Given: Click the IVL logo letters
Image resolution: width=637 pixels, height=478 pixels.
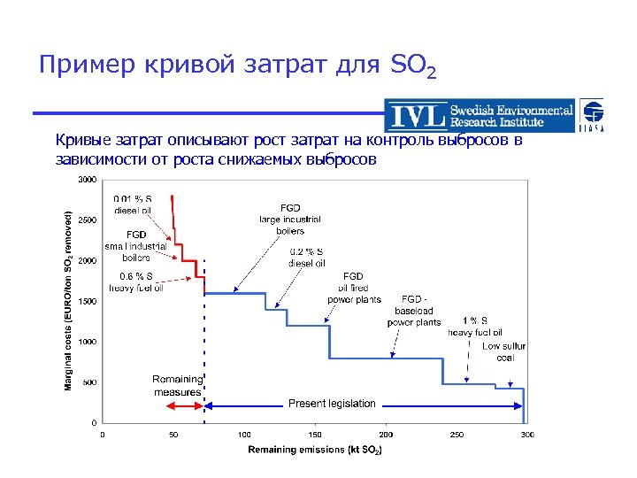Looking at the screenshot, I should click(x=418, y=116).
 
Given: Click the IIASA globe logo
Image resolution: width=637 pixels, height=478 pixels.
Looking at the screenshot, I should click(x=593, y=116).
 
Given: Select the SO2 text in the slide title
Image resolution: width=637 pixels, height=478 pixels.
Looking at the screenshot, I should click(x=412, y=66).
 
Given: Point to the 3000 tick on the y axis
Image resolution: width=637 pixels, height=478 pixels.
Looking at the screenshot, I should click(x=87, y=180).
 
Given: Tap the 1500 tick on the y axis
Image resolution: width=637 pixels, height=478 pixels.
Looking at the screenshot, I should click(x=87, y=302).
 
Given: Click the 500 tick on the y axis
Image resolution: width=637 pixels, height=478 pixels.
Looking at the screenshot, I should click(x=89, y=382).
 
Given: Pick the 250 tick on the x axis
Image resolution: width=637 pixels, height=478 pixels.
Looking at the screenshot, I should click(x=457, y=434).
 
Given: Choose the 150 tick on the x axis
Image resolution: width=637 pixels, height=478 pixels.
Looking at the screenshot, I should click(x=315, y=434).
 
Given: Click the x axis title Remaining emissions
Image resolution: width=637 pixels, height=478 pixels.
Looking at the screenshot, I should click(x=315, y=450).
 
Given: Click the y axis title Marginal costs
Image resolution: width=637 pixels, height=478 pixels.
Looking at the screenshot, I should click(x=69, y=301).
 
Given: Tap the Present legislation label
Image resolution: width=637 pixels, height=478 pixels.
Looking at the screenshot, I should click(x=332, y=404).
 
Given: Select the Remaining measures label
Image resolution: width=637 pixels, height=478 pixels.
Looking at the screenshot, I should click(x=177, y=385).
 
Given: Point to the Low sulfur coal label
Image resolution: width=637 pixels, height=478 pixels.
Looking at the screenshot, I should click(x=503, y=351).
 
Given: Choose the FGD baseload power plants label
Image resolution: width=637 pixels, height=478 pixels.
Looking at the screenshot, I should click(x=413, y=311).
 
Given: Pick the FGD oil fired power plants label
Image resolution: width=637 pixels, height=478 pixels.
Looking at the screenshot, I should click(x=353, y=288).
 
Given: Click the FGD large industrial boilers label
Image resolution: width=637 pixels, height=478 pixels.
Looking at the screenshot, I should click(x=289, y=219).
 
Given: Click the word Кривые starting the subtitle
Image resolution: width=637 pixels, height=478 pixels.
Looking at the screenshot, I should click(x=82, y=141).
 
